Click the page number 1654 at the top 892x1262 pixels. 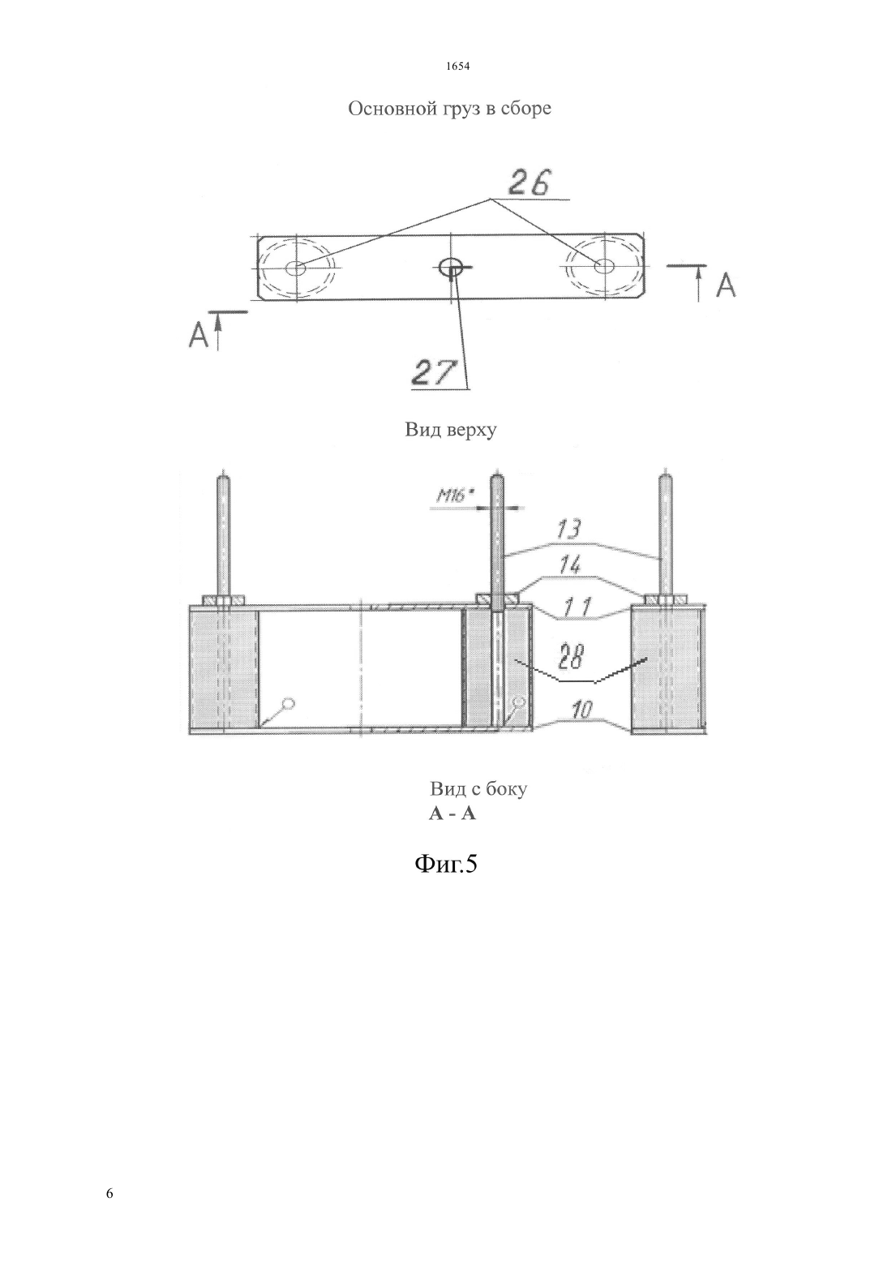457,67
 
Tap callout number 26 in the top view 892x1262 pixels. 530,182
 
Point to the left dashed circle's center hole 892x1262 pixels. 295,268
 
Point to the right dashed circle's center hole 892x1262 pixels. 604,265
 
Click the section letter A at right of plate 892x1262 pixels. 726,285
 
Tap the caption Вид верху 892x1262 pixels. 451,431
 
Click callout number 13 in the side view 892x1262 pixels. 568,530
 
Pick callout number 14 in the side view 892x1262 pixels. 570,564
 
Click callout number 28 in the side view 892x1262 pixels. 573,657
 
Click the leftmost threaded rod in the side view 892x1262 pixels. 224,534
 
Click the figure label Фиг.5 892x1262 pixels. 445,862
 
